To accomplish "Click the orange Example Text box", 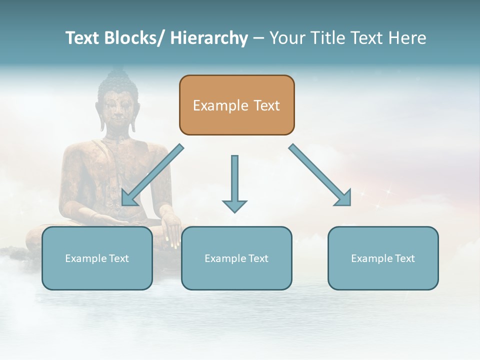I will click(236, 105).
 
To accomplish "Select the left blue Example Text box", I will click(97, 258).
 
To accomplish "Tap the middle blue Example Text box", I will click(236, 258).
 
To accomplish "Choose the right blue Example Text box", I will click(383, 258).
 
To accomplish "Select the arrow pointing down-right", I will click(320, 175).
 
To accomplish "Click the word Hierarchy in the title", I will click(209, 38).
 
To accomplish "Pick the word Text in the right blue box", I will click(404, 258).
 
